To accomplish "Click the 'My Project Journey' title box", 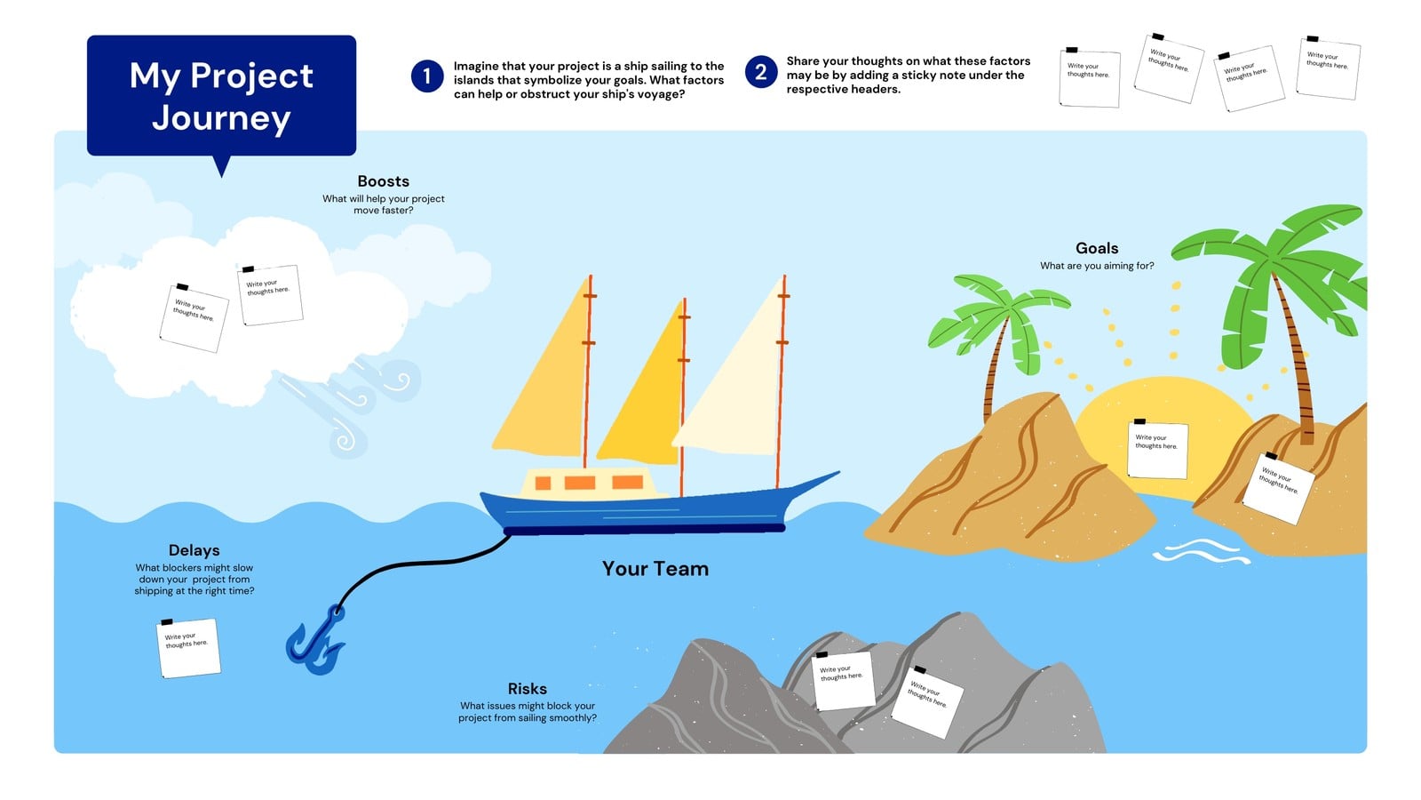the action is tap(221, 95).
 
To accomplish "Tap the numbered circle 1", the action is tap(427, 76).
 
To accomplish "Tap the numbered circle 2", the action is tap(760, 72).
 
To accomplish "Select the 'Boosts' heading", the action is tap(383, 181).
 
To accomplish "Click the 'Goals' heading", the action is tap(1097, 248).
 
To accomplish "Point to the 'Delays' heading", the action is tap(194, 550).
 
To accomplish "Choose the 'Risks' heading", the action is tap(528, 688).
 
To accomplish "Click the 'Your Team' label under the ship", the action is tap(655, 568).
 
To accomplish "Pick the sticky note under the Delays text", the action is tap(188, 648).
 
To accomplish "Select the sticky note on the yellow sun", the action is tap(1157, 450).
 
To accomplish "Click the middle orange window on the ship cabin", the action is tap(579, 484).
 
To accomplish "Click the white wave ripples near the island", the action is tap(1201, 551).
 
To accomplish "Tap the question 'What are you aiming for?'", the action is tap(1097, 266).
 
